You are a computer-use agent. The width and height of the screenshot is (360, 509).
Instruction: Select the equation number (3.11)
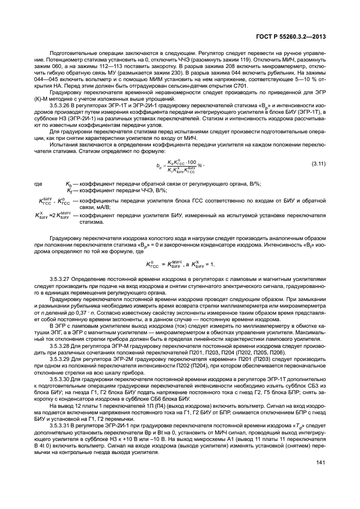click(318, 163)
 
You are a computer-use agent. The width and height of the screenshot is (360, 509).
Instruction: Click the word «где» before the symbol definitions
click(39, 185)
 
